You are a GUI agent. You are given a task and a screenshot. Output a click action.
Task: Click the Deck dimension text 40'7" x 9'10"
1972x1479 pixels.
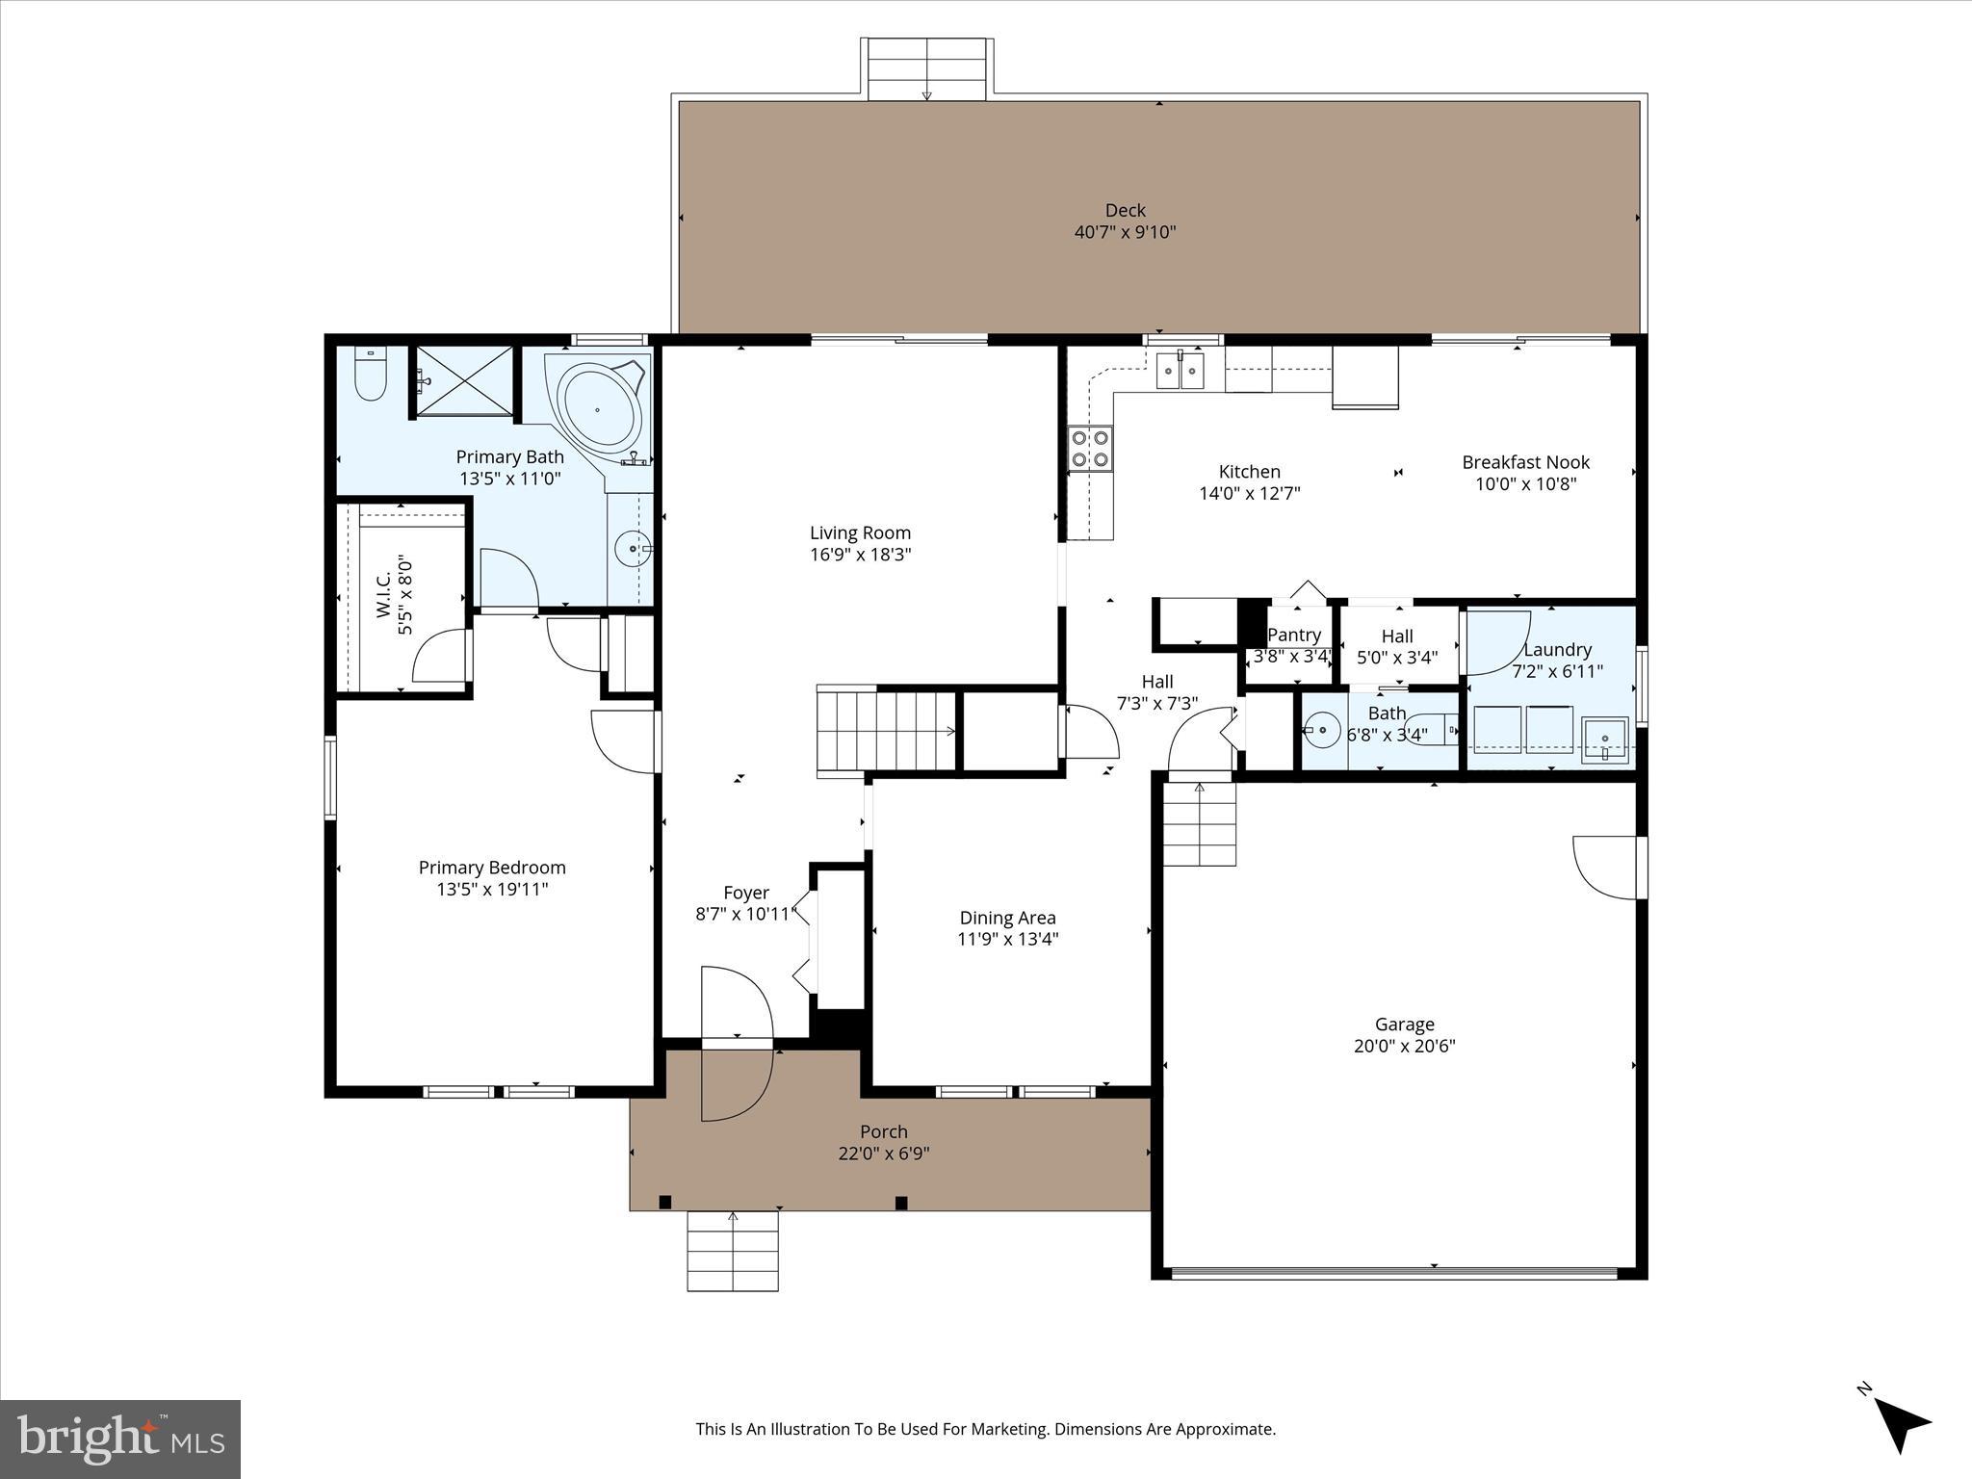pyautogui.click(x=1125, y=232)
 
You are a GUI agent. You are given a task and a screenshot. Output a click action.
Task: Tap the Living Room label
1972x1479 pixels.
pyautogui.click(x=860, y=532)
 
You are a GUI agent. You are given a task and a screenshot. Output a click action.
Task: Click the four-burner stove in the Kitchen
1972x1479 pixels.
pyautogui.click(x=1090, y=450)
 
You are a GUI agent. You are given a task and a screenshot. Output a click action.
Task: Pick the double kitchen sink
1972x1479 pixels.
pyautogui.click(x=1181, y=370)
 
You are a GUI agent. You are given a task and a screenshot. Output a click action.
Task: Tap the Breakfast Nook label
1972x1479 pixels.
pyautogui.click(x=1525, y=462)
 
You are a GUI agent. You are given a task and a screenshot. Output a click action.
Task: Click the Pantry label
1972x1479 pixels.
pyautogui.click(x=1293, y=635)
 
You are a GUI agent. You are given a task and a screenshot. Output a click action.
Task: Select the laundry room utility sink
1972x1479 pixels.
pyautogui.click(x=1604, y=739)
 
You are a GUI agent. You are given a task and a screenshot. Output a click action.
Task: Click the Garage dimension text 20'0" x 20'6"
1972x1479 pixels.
pyautogui.click(x=1404, y=1046)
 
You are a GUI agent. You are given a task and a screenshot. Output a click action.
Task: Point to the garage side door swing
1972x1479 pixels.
pyautogui.click(x=1606, y=867)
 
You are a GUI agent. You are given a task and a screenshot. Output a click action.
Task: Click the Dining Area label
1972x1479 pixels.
pyautogui.click(x=1007, y=918)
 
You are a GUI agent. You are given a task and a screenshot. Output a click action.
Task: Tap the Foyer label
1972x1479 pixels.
pyautogui.click(x=746, y=893)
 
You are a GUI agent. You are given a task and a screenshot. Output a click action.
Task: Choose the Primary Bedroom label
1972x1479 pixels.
pyautogui.click(x=492, y=868)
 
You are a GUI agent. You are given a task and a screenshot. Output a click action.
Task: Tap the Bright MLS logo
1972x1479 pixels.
pyautogui.click(x=120, y=1439)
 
